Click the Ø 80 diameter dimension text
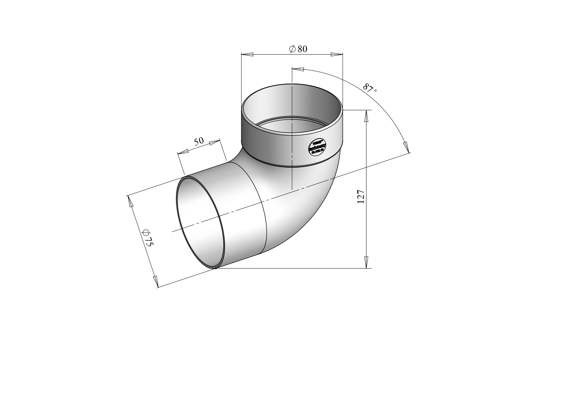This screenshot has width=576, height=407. [x=298, y=49]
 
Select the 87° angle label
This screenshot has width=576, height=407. [x=370, y=88]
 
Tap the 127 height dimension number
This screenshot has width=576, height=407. [x=361, y=196]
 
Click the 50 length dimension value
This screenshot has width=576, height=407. [x=199, y=141]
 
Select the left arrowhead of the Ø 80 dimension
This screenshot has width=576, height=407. [x=247, y=54]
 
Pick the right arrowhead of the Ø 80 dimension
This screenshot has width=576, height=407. [x=337, y=54]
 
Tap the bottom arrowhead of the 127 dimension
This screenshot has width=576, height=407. [x=366, y=262]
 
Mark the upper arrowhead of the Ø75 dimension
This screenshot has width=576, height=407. [x=130, y=201]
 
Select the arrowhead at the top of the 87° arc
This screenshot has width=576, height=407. [x=298, y=69]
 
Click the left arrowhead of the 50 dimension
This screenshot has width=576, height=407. [x=183, y=152]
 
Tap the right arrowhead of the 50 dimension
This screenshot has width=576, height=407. [x=214, y=142]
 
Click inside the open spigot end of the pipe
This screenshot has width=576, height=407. [x=200, y=223]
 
